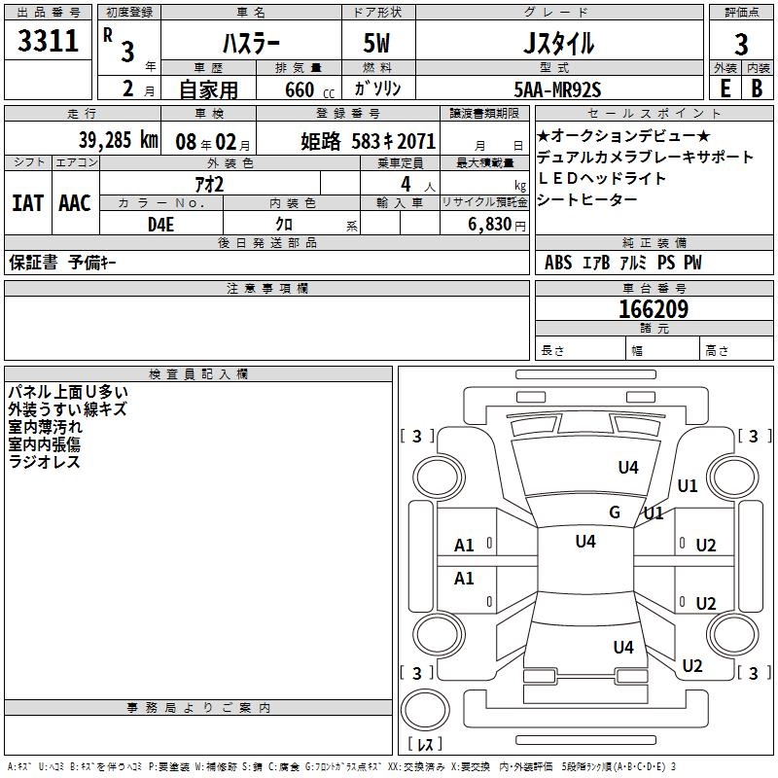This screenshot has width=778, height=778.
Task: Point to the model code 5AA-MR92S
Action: pyautogui.click(x=557, y=89)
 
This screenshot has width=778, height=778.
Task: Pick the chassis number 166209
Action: pyautogui.click(x=653, y=309)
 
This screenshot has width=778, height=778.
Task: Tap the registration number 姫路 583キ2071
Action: pyautogui.click(x=368, y=140)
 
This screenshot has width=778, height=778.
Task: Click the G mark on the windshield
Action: pyautogui.click(x=614, y=513)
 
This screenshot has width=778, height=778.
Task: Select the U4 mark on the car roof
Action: pyautogui.click(x=584, y=542)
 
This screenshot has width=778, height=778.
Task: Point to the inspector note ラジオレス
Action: pyautogui.click(x=44, y=462)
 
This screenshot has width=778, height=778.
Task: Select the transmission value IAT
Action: pyautogui.click(x=28, y=202)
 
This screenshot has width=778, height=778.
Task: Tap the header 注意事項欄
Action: pyautogui.click(x=266, y=289)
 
